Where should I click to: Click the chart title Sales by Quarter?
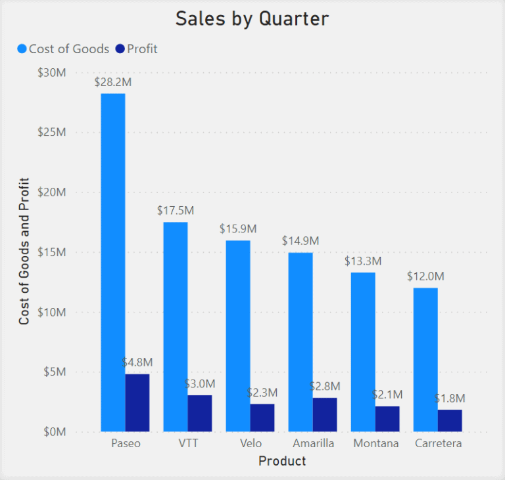252,19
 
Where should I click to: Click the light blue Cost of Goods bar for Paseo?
112,263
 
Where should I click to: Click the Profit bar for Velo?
262,418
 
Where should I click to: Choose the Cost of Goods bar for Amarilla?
301,341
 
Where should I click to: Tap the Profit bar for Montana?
387,419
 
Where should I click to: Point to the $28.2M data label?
112,82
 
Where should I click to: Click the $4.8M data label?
137,362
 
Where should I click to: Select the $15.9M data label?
237,229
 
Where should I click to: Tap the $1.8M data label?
450,398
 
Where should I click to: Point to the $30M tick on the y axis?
52,72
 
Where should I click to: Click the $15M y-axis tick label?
52,252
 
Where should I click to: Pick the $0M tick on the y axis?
55,432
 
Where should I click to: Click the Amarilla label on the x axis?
312,443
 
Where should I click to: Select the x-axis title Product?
282,461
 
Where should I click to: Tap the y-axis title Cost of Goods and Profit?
24,251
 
